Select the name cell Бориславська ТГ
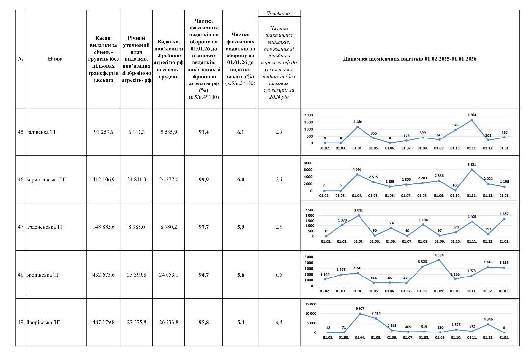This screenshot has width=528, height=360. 46,180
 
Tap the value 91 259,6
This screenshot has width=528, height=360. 103,132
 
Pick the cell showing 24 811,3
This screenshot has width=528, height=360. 136,180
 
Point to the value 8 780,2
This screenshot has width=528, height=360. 168,227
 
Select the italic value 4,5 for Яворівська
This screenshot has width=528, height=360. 279,323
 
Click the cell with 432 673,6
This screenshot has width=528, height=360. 103,275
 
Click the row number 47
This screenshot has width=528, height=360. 20,227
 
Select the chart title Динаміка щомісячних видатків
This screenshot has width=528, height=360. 410,59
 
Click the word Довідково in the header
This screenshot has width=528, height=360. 279,13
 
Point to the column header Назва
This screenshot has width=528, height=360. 56,59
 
